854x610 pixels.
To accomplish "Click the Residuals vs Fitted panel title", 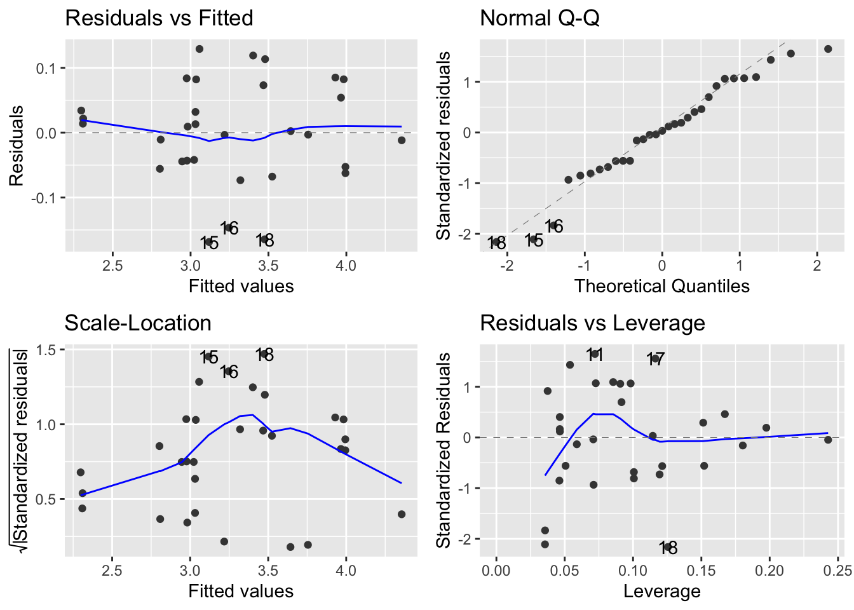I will coord(159,18).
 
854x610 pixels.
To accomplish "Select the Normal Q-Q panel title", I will coord(539,18).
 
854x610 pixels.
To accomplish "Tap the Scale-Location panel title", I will coord(138,323).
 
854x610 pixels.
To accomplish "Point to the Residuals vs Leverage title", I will coord(592,323).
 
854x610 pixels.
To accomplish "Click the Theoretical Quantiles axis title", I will coord(661,286).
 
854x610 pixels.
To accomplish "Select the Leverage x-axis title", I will coord(661,591).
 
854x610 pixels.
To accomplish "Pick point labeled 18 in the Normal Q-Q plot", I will coord(496,241).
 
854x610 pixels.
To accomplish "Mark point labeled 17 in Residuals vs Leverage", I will coord(655,358).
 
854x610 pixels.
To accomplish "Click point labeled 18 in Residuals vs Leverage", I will coord(668,546).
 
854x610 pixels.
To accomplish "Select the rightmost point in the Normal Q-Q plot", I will coord(828,49).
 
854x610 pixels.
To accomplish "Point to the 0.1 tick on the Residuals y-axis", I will coord(48,68).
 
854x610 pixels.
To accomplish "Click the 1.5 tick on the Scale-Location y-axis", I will coord(48,349).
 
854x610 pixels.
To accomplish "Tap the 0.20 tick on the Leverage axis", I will coord(769,571).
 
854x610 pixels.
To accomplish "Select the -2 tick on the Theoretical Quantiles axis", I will coord(506,266).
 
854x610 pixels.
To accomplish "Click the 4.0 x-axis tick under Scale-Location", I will coord(346,571).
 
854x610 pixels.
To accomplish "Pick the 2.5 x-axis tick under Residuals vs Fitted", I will coord(112,266).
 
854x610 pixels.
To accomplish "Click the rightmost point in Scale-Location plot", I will coord(402,514).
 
